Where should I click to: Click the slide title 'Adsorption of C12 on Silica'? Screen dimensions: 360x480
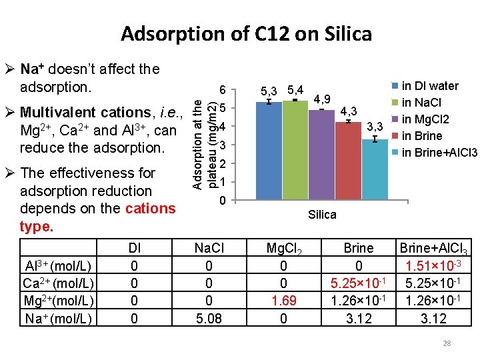point(246,33)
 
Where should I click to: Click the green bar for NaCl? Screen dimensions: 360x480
point(295,151)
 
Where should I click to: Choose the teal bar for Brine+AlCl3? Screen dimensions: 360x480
point(375,169)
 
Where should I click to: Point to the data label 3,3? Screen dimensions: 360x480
point(375,127)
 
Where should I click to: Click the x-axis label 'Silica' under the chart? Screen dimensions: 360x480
point(322,215)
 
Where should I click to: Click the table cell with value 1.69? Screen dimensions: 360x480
point(283,301)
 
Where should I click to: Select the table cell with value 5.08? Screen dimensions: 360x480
point(209,319)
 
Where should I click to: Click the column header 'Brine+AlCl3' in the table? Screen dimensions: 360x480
point(433,249)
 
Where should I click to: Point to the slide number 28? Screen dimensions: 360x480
point(447,343)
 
